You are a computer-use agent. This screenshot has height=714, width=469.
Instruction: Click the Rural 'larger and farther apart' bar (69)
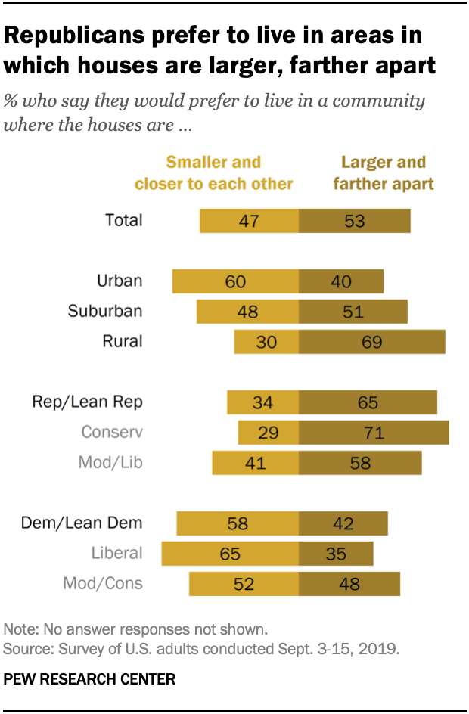pos(371,341)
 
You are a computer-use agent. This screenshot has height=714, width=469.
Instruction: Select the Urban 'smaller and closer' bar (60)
pos(235,281)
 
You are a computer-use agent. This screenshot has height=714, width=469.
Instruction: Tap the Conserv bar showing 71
pos(374,433)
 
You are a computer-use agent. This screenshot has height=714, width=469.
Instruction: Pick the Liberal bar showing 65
pos(230,553)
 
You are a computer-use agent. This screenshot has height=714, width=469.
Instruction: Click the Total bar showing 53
pos(354,221)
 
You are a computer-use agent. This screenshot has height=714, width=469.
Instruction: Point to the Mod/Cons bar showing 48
pos(349,583)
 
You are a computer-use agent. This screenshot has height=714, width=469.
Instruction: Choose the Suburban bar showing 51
pos(353,312)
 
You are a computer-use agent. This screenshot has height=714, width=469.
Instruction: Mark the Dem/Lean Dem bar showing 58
pos(238,523)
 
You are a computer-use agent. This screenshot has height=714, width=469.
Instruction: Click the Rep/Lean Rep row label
pos(87,402)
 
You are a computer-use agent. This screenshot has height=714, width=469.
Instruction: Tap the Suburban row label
pos(104,311)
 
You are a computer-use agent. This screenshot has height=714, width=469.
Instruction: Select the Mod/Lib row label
pos(110,462)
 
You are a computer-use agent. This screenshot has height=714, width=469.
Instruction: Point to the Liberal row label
pos(116,553)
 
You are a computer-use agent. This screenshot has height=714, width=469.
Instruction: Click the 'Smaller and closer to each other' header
pos(213,173)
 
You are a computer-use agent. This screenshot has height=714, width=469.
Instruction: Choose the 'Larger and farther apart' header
pos(384,173)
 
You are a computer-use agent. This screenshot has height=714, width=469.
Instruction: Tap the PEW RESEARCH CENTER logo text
pos(89,679)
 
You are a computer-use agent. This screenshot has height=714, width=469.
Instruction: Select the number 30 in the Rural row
pos(266,342)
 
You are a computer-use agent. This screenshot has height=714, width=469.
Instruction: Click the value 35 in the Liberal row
pos(336,553)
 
